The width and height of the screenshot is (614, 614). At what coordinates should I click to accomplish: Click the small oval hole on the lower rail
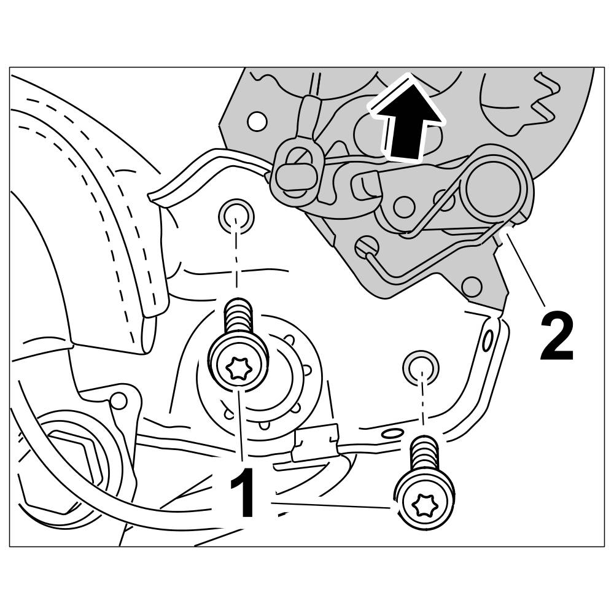pos(389,434)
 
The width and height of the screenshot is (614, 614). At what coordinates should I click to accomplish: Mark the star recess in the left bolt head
pos(238,369)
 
